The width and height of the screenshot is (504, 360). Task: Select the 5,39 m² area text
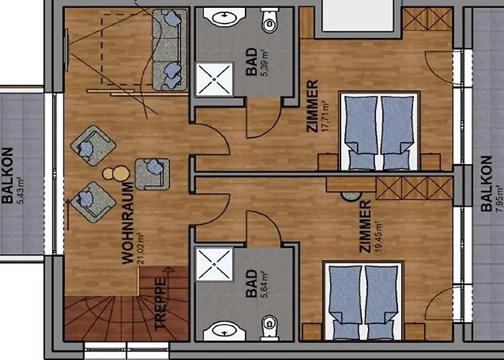(263, 65)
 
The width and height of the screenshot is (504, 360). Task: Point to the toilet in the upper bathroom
(270, 22)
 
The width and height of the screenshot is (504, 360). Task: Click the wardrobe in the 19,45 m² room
(413, 188)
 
